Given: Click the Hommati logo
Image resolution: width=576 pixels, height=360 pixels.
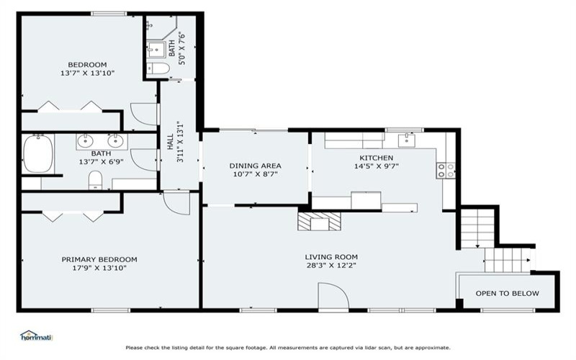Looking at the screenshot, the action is (x=36, y=336).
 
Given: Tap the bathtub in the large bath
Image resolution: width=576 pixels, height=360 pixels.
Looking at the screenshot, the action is (x=38, y=154).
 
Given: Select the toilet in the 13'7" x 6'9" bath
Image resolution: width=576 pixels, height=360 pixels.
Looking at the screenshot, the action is (x=96, y=181).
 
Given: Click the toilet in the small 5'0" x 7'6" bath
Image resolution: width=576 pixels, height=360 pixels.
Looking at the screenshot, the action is (x=158, y=68).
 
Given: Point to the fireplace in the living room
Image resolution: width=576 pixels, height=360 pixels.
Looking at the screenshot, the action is (x=319, y=221).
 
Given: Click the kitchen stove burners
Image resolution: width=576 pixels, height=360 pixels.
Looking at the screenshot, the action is (x=446, y=171).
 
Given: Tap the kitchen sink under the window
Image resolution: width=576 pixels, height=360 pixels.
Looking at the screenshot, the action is (x=407, y=140).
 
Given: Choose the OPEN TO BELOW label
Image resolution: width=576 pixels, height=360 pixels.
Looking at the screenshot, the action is (x=508, y=294).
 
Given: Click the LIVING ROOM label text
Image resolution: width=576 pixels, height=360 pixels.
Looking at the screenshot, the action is (x=331, y=257).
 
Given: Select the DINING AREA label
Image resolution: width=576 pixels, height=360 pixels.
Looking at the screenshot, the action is (x=256, y=166).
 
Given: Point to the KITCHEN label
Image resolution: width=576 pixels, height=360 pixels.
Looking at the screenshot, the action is (x=376, y=158).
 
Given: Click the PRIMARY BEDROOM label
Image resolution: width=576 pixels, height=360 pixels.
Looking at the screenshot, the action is (x=99, y=260).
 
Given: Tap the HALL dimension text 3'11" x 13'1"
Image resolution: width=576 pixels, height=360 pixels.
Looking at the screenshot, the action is (x=180, y=142).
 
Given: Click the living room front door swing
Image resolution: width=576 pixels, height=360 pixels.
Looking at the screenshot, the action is (x=333, y=296).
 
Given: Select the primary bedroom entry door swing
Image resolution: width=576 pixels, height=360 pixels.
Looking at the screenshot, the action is (x=176, y=202).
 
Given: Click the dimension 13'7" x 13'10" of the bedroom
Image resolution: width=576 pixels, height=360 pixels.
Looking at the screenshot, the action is (x=87, y=73).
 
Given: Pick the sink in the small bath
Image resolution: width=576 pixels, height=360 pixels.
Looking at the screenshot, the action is (x=156, y=50).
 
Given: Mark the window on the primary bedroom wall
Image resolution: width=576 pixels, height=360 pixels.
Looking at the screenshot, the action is (x=110, y=310).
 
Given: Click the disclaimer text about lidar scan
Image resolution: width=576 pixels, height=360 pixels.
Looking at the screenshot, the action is (x=288, y=348).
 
